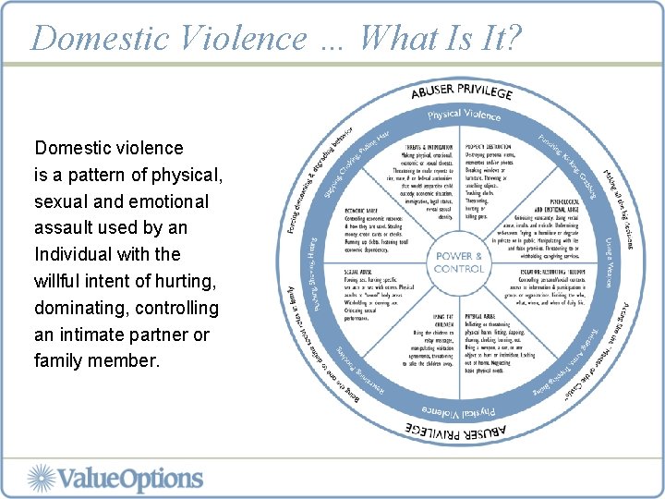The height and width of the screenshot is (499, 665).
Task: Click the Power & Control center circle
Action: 458,262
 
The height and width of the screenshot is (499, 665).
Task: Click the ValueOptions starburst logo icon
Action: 42,479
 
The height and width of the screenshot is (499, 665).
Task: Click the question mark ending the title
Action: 514,38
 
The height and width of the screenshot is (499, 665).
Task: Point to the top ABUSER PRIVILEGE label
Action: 462,92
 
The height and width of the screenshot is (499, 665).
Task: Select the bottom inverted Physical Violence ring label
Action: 458,408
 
